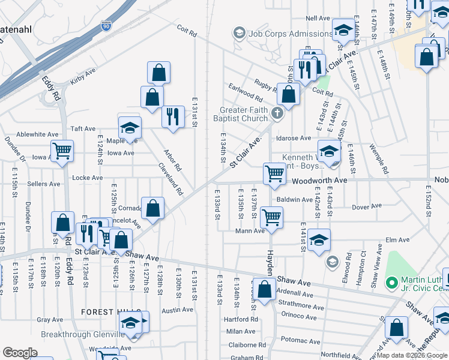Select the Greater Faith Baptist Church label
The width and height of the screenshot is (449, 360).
[244, 114]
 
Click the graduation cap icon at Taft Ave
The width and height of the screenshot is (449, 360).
[129, 127]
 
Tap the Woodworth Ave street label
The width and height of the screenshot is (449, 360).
[321, 180]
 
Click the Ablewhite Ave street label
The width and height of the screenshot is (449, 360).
[37, 134]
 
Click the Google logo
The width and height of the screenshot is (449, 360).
[20, 353]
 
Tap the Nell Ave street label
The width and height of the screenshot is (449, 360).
[318, 19]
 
